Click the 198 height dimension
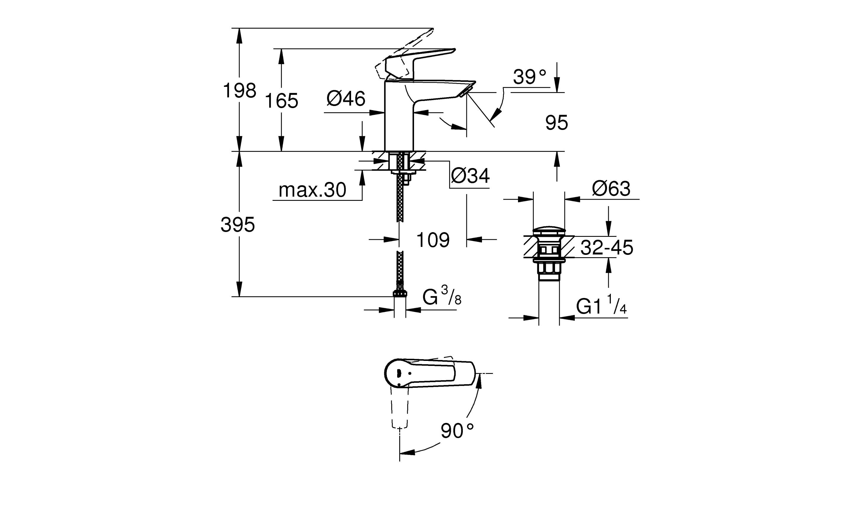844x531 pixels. coord(240,91)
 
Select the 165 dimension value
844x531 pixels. coord(281,101)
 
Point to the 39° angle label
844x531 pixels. coord(529,77)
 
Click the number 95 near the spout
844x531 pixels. coord(556,123)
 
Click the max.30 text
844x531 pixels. coord(312,190)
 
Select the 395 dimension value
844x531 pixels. coord(238,224)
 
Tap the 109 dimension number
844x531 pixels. coord(433,240)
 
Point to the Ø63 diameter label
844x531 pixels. coord(611,189)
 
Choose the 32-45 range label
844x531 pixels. coord(607,248)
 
